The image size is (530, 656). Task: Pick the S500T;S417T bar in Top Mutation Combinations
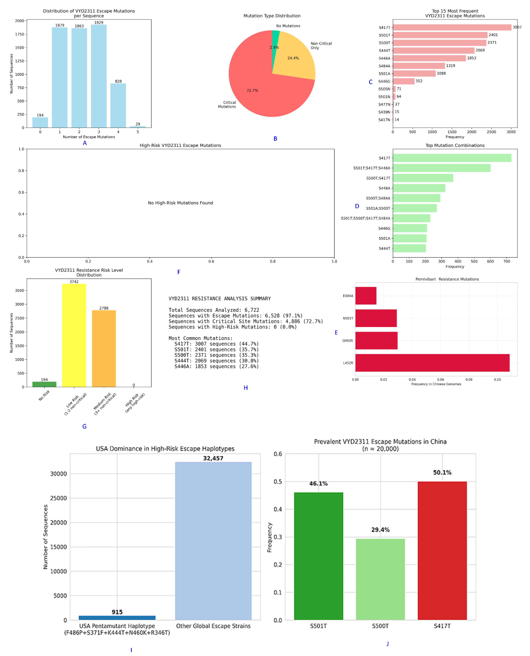coord(423,178)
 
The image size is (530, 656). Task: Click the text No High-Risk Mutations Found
coord(180,203)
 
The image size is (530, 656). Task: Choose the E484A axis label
coord(348,296)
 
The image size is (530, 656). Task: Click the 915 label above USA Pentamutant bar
coord(117,612)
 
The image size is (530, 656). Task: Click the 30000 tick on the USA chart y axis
coord(58,474)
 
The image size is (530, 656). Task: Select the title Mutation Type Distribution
coord(272,16)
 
